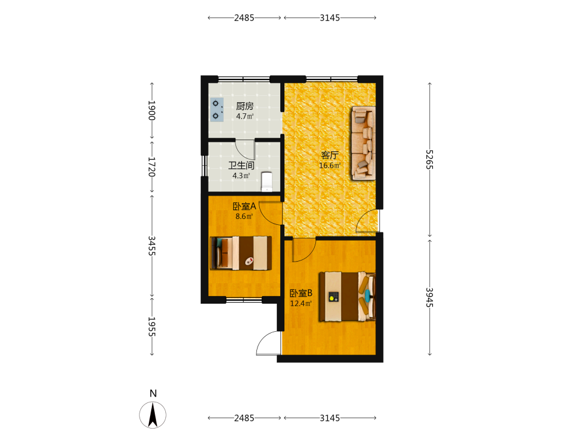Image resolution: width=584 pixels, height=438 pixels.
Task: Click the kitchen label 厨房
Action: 245,106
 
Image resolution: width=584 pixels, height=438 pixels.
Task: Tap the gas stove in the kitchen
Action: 217,110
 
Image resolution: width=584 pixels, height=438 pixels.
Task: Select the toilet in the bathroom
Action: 267,182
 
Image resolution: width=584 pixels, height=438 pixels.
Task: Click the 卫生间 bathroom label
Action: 241,165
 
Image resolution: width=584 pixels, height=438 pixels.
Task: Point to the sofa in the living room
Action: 363,144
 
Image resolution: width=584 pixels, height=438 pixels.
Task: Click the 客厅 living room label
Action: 329,155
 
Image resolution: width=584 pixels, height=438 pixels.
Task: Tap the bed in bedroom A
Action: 241,253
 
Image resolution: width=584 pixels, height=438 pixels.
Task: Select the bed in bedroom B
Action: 347,297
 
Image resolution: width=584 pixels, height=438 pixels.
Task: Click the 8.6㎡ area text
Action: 244,217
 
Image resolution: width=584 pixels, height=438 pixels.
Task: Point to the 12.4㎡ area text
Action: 301,304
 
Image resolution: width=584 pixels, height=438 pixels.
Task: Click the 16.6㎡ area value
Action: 330,166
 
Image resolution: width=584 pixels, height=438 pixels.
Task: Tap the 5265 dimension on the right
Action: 429,159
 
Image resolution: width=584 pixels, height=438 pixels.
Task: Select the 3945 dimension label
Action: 429,297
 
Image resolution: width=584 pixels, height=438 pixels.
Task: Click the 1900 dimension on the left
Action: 152,110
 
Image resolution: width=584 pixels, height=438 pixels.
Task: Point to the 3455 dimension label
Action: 152,246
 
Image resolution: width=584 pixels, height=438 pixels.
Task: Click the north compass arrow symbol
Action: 152,415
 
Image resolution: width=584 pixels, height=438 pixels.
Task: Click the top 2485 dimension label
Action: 244,18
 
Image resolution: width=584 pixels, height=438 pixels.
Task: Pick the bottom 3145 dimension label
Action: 330,418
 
